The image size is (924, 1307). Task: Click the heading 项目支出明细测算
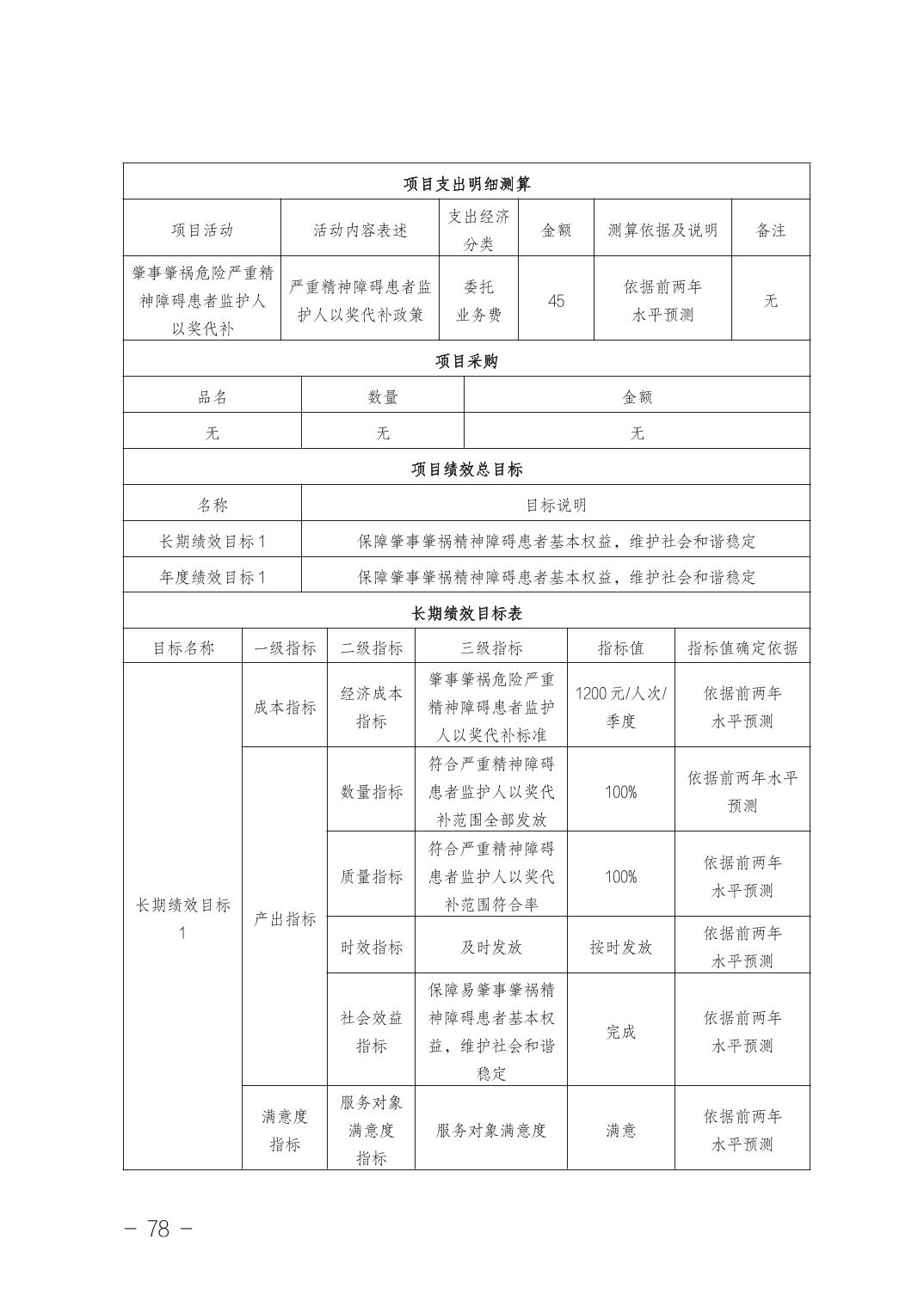[x=466, y=184]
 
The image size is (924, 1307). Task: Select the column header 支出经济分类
[x=478, y=230]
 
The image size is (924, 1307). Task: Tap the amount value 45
[x=556, y=301]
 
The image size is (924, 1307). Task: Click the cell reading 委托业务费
[x=478, y=301]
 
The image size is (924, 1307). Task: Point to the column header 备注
[x=770, y=230]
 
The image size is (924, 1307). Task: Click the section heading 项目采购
[x=466, y=361]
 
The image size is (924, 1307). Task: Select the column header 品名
[x=213, y=397]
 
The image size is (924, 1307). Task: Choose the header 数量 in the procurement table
[x=383, y=397]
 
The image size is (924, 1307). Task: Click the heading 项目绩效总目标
[x=466, y=469]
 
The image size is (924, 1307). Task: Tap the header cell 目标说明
[x=556, y=506]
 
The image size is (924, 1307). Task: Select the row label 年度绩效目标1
[x=213, y=578]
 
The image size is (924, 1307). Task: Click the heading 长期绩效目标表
[x=466, y=614]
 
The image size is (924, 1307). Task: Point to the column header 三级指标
[x=491, y=648]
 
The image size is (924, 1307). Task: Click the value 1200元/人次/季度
[x=620, y=707]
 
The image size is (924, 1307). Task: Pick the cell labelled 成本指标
[x=285, y=707]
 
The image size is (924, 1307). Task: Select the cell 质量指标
[x=371, y=876]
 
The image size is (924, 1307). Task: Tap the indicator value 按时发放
[x=620, y=948]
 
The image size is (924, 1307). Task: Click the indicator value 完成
[x=620, y=1032]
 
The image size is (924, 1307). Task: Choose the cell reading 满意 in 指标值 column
[x=620, y=1130]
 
